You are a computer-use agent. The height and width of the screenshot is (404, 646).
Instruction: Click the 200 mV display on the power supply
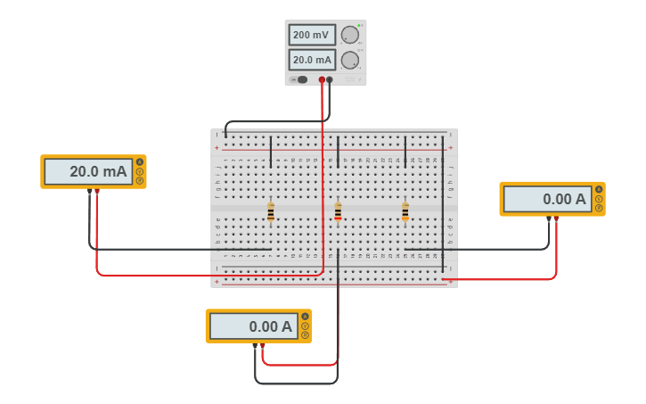point(312,36)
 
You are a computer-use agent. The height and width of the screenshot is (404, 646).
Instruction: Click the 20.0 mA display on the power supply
point(312,60)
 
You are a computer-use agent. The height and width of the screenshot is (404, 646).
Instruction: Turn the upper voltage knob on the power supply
point(350,35)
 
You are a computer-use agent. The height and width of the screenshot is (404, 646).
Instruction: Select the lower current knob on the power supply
point(350,60)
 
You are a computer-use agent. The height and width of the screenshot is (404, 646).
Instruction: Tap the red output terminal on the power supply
point(322,79)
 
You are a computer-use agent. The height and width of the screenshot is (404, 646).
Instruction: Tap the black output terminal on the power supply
point(330,79)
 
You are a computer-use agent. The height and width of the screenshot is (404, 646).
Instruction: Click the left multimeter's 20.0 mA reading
point(88,171)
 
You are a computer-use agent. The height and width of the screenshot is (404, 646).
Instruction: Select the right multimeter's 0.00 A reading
point(547,199)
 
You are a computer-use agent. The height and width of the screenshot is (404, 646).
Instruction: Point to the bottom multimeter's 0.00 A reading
point(253,326)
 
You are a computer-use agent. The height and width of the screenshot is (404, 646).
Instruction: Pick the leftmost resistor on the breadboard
point(271,211)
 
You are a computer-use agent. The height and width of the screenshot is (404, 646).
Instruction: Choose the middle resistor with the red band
point(338,211)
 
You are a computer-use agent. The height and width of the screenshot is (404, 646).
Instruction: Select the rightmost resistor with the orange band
point(405,211)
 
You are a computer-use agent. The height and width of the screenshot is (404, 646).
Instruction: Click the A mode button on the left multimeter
point(140,162)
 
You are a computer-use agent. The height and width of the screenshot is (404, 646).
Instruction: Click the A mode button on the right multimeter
point(599,190)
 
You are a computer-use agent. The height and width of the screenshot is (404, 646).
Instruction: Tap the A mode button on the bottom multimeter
point(305,317)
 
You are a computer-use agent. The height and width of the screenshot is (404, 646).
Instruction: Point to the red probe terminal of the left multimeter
point(97,191)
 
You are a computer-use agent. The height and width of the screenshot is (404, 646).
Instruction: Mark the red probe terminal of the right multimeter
point(556,218)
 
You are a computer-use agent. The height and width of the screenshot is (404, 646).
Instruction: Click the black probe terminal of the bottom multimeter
point(255,345)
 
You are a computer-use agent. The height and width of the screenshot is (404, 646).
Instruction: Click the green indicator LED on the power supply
point(359,26)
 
